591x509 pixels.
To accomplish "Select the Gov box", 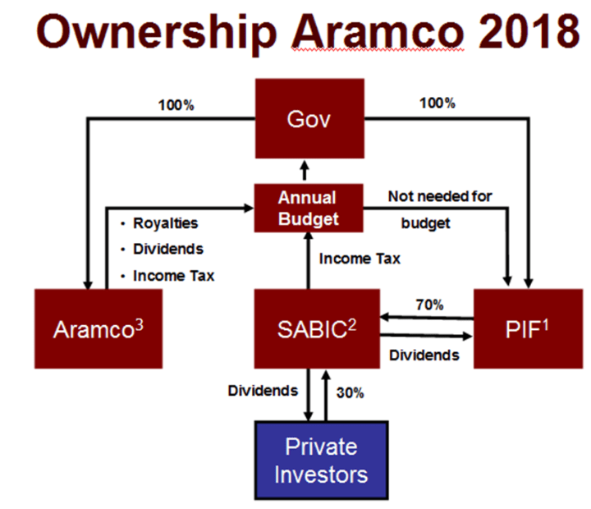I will tap(309, 118).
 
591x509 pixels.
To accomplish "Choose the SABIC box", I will tap(309, 328).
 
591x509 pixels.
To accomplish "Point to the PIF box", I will tap(528, 328).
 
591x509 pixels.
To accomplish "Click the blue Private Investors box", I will tap(321, 460).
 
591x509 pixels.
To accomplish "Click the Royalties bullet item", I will tap(165, 222).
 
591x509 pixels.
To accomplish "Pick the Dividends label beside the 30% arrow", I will tap(263, 391).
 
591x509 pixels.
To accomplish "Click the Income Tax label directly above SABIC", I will tap(360, 259).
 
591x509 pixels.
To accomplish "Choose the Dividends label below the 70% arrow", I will tap(424, 355).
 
